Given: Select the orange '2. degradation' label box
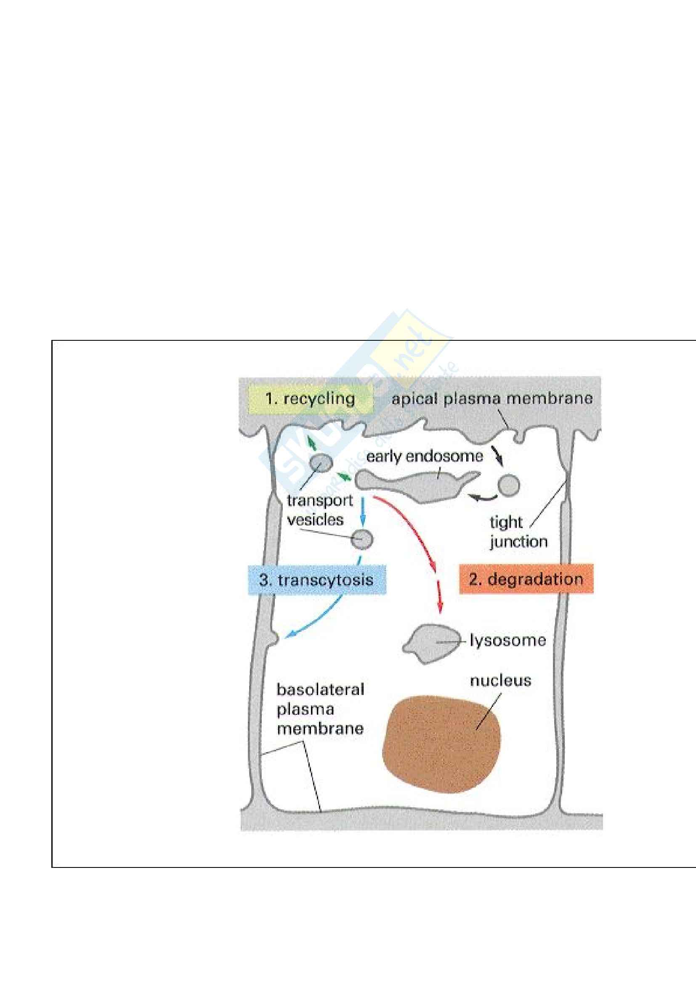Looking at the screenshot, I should pos(526,579).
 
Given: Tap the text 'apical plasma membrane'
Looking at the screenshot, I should pos(492,399).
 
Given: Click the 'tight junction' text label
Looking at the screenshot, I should pos(518,532).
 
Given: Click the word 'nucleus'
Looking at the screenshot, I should pos(500,681).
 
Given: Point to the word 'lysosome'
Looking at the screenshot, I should pos(508,641).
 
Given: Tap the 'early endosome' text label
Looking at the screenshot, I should pos(424,457).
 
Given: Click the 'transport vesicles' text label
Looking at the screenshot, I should pos(319,510).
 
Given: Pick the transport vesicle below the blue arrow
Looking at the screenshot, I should pos(362,539).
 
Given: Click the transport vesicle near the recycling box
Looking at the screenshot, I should pos(321,463).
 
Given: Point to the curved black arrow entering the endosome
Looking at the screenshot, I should pos(482,498).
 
